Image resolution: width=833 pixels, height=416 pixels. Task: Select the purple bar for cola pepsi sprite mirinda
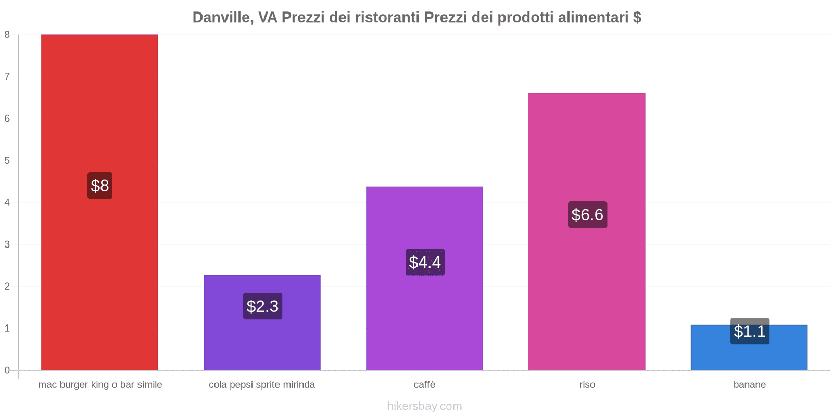pos(262,343)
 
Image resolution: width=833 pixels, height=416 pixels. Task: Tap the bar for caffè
pos(424,218)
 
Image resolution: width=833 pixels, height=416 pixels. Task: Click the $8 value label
pos(100,186)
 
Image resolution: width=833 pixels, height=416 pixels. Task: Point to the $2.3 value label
pos(262,306)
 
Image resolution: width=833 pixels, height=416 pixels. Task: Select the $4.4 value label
pos(425,262)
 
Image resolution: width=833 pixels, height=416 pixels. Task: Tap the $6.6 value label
pos(587,215)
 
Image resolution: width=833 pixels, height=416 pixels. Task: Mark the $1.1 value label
pos(750,331)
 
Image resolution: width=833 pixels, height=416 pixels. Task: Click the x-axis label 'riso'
pos(587,385)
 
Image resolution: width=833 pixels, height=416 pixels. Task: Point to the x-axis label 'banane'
pos(750,385)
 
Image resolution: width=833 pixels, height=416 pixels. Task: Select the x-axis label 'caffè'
pos(424,385)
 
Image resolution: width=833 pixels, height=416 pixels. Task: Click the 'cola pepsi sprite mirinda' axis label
pos(262,385)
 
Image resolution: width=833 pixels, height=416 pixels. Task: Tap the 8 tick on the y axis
pos(7,35)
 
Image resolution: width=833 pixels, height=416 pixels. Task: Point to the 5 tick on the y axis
pos(7,161)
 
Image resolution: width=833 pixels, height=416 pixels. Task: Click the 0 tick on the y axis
pos(7,370)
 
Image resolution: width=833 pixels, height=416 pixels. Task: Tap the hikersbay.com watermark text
pos(424,406)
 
